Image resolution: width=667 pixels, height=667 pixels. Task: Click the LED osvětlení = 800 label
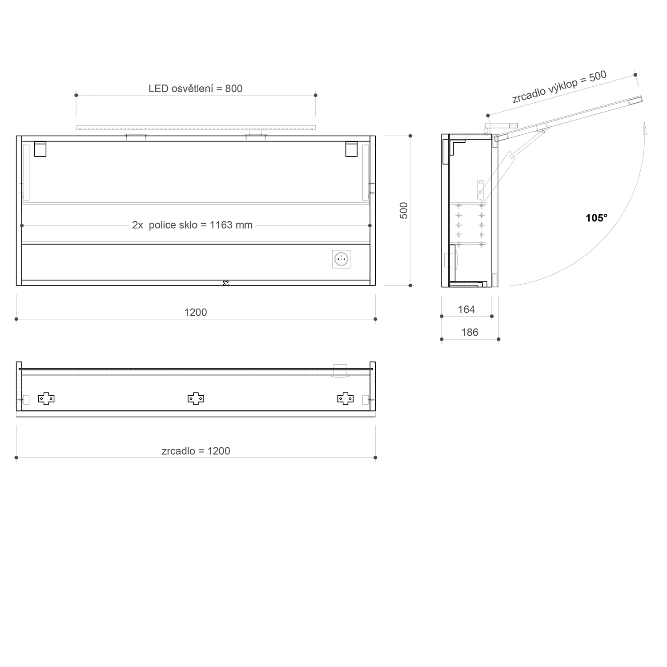pos(196,88)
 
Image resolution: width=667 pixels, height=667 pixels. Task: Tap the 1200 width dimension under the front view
pos(196,312)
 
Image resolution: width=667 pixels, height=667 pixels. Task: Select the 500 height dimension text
pos(404,210)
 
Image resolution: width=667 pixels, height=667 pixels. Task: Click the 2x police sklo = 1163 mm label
pos(192,225)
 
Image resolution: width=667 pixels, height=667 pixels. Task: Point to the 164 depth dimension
pos(466,309)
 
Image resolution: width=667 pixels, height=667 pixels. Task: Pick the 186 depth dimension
pos(470,332)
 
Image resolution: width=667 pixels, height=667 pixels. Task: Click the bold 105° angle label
pos(596,218)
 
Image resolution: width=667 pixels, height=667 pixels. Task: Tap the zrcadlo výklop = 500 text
pos(559,87)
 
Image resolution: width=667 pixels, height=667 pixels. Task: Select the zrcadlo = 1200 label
pos(196,451)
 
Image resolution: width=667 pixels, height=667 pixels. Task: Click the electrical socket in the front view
pos(341,259)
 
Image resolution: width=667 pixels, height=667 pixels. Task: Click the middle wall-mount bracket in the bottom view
pos(196,399)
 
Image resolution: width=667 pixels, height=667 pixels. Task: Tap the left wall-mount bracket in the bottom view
pos(46,399)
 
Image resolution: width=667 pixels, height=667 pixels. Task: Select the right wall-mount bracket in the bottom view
pos(346,399)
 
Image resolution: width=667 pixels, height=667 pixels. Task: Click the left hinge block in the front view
pos(40,149)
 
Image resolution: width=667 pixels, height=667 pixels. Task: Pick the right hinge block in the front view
pos(352,149)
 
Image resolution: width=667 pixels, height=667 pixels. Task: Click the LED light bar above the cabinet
pos(196,128)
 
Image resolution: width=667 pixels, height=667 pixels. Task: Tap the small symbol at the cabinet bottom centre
pos(226,282)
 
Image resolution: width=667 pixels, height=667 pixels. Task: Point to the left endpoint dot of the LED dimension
pos(76,95)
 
